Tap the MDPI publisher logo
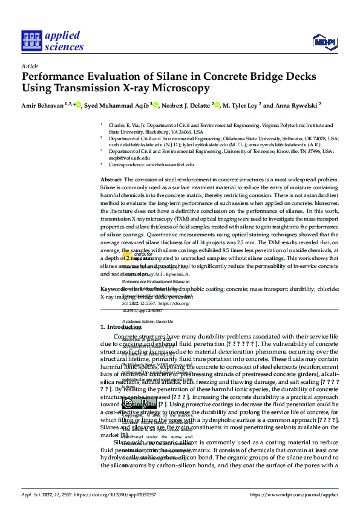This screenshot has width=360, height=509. [x=324, y=41]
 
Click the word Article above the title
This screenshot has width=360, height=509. [x=30, y=66]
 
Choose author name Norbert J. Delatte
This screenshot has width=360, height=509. [x=186, y=105]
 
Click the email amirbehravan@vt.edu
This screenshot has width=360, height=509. [x=171, y=164]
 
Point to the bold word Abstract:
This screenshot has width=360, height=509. [x=111, y=180]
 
